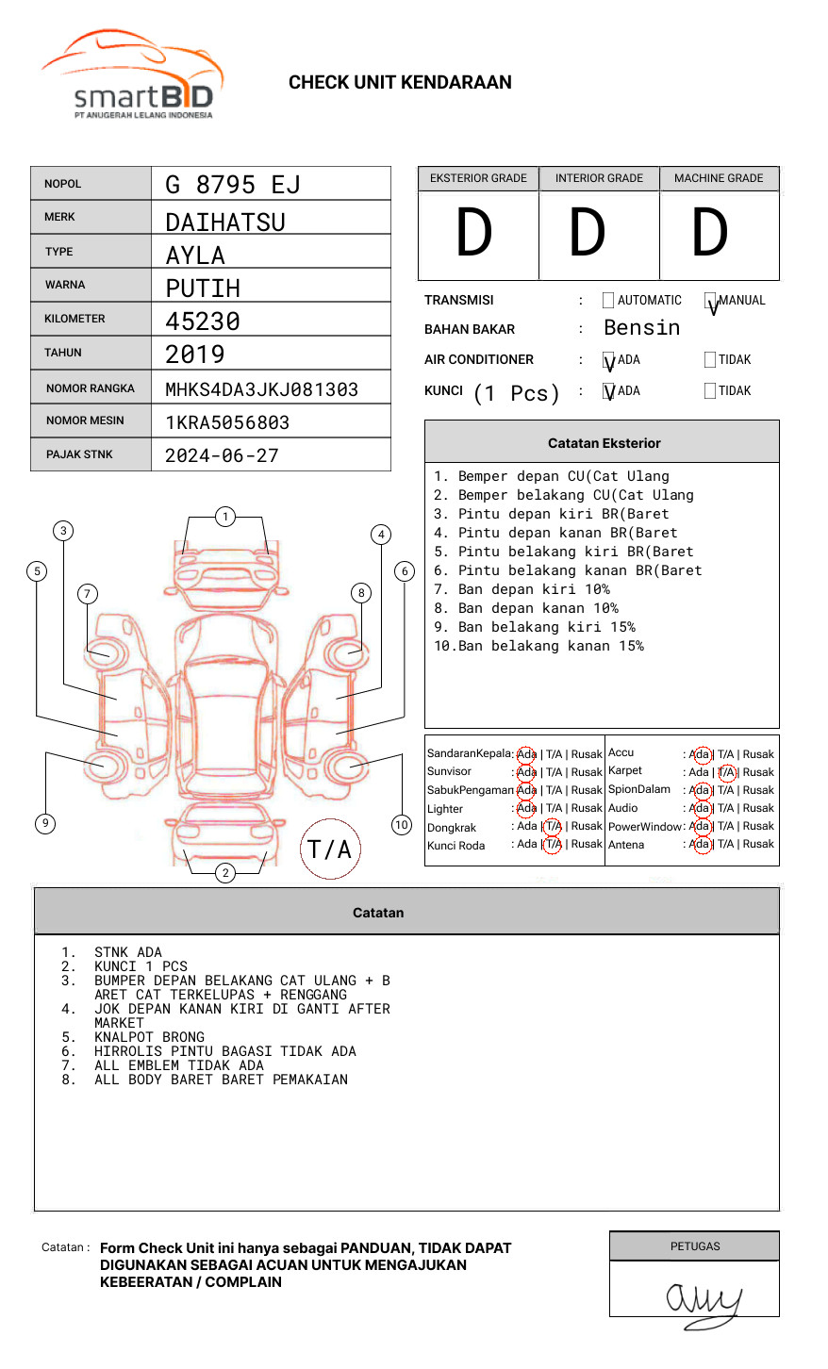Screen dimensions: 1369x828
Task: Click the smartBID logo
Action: tap(132, 75)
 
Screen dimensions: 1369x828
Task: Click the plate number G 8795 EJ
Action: tap(232, 184)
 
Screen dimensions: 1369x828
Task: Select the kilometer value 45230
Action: tap(203, 322)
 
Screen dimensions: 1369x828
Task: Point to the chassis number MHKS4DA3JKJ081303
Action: tap(261, 389)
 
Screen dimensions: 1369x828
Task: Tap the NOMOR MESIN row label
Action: tap(85, 421)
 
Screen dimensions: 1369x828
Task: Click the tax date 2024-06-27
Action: tap(222, 455)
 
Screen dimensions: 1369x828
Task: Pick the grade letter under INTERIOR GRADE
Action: tap(587, 233)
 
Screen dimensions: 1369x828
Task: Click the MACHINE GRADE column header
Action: tap(719, 178)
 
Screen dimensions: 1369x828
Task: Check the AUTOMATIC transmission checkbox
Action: tap(608, 301)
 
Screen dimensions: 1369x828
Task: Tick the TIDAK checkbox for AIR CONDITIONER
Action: tap(710, 359)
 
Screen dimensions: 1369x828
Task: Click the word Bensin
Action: tap(641, 328)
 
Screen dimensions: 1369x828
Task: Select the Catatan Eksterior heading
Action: tap(604, 443)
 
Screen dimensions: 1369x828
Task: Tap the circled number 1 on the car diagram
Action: tap(224, 516)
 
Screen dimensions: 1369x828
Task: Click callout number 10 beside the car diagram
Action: tap(402, 825)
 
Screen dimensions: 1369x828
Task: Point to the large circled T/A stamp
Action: tap(329, 849)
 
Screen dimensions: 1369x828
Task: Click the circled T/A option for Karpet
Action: tap(726, 772)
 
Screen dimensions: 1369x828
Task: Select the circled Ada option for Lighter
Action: tap(526, 808)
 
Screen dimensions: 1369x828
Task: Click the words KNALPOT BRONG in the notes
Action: tap(149, 1037)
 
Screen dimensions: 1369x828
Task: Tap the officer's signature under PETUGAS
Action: tap(703, 1301)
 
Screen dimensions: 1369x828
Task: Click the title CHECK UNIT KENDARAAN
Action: tap(400, 83)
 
